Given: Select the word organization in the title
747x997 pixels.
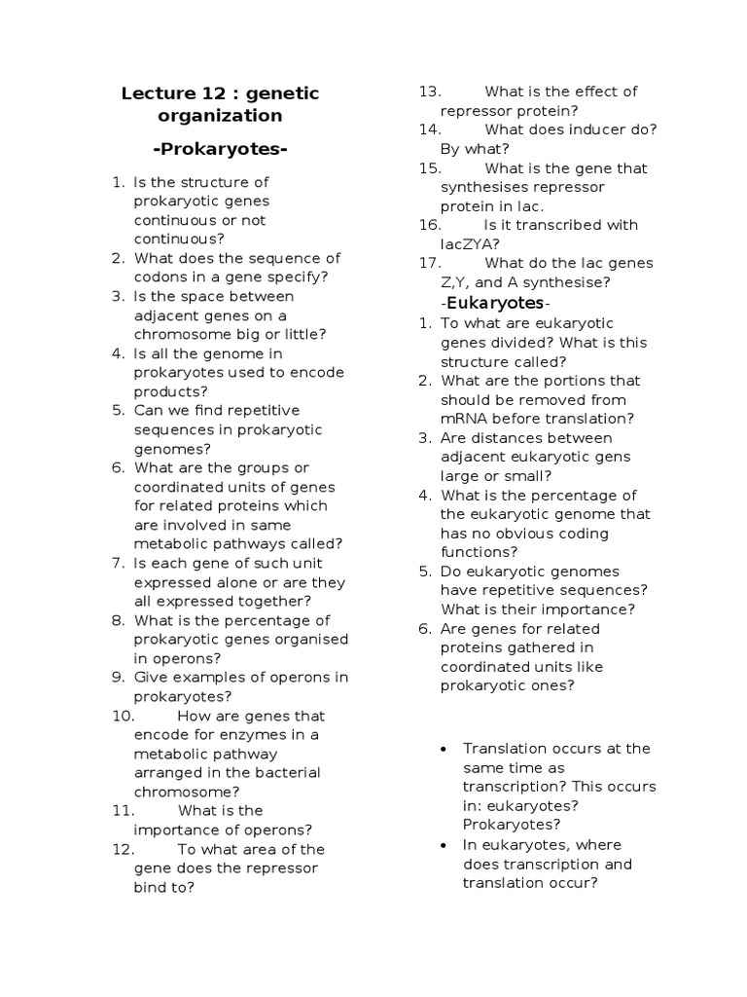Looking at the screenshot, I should coord(220,116).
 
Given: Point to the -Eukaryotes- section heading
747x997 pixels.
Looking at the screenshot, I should coord(496,303).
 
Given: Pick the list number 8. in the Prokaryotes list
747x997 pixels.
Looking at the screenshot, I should coord(118,620).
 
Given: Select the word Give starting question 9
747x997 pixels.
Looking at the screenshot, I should coord(151,678).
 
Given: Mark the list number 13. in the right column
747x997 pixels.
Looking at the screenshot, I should coord(430,92).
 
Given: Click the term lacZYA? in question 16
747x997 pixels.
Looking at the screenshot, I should coord(471,244).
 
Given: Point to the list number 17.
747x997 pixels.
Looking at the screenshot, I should coord(430,263).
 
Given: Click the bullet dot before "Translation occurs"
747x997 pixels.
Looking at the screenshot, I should coord(444,749).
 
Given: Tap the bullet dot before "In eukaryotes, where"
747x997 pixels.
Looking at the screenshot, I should coord(444,845).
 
